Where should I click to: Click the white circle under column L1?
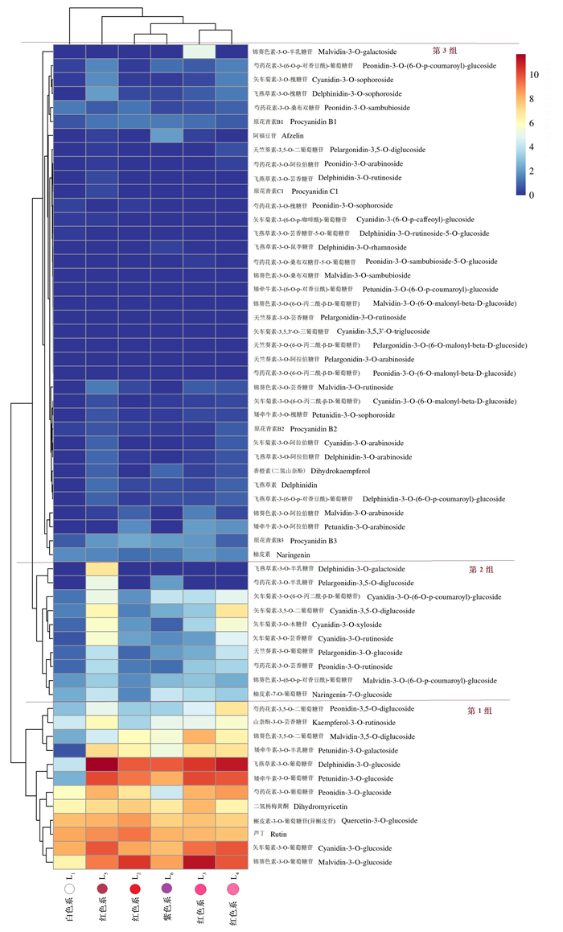coord(70,888)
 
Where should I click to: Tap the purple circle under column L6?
coord(166,888)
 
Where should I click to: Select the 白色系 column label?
coord(70,914)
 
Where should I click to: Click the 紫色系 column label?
coord(166,914)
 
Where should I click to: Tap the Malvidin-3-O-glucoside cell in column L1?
coord(70,862)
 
